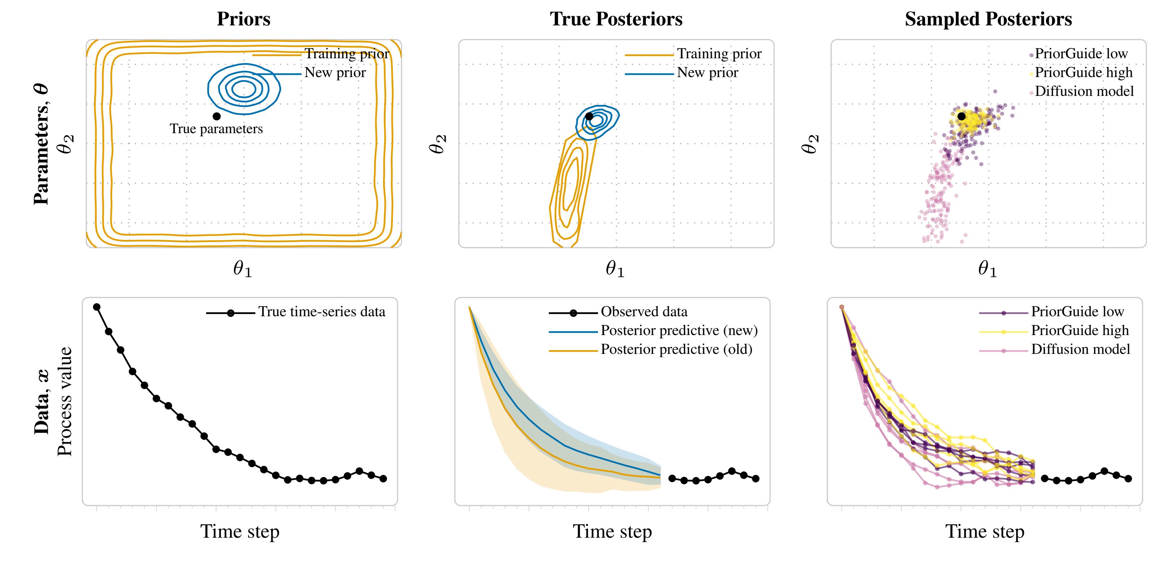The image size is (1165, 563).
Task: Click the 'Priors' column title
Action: coord(243,19)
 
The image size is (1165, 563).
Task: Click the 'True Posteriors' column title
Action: coord(616,19)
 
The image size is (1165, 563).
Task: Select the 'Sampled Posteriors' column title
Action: coord(988,19)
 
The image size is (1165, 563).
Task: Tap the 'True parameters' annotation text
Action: coord(216,129)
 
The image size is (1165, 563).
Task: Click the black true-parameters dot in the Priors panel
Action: coord(217,116)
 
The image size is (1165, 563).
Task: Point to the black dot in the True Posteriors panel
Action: coord(589,116)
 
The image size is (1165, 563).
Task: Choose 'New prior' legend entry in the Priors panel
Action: coord(335,73)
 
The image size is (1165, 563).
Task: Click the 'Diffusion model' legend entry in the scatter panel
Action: coord(1084,91)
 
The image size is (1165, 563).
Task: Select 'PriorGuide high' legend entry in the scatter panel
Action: coord(1083,72)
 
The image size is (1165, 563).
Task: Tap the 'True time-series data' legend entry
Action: coord(322,312)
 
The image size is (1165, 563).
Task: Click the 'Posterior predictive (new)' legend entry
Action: coord(679,331)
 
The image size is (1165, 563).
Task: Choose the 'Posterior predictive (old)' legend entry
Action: coord(676,350)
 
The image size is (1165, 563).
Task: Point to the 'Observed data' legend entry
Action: coord(644,312)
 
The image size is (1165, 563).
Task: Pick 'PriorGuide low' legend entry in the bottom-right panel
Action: coord(1077,312)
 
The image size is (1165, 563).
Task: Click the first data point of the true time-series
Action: coord(96,307)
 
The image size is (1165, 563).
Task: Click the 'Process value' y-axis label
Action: coord(65,402)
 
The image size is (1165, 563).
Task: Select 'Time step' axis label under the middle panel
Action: coord(612,532)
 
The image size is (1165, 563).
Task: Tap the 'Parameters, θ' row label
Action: coord(41,144)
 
